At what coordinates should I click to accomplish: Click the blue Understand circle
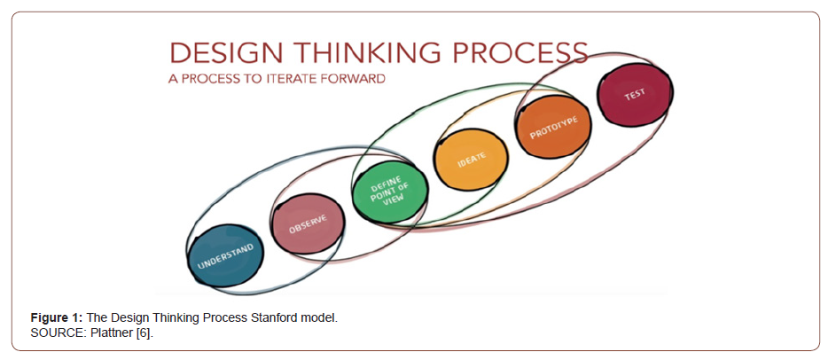(226, 256)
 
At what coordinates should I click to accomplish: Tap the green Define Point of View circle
(390, 192)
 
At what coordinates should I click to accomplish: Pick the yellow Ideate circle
(471, 159)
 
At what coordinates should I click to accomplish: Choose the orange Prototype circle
(553, 127)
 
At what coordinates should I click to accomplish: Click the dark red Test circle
(635, 95)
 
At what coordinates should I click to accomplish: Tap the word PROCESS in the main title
(520, 54)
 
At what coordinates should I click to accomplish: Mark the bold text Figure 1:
(57, 318)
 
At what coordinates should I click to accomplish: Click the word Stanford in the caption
(270, 318)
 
